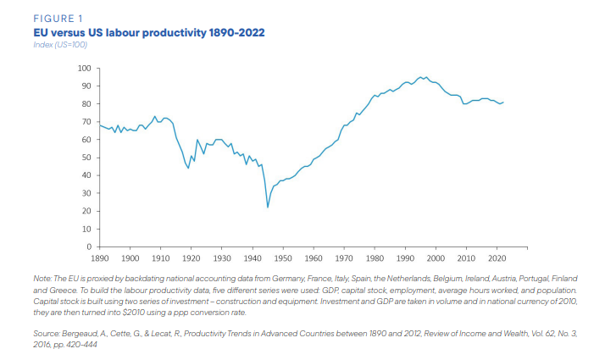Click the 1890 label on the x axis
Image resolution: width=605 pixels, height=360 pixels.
[x=100, y=258]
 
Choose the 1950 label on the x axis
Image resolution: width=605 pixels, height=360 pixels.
[x=283, y=258]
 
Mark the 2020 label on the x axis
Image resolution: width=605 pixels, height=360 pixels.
[x=497, y=258]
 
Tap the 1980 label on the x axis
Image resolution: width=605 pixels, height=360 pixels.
[x=375, y=258]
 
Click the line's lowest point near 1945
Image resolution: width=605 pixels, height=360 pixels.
[x=268, y=208]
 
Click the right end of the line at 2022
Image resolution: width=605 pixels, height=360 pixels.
[x=503, y=102]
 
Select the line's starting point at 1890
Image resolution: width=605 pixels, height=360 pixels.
[x=100, y=125]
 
